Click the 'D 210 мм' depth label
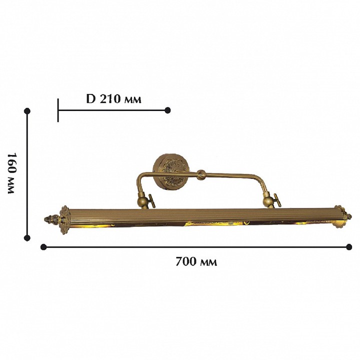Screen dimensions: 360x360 click(x=113, y=99)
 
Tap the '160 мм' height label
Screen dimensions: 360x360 click(x=11, y=173)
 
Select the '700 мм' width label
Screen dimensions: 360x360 click(x=196, y=261)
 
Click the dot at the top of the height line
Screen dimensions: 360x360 click(x=27, y=111)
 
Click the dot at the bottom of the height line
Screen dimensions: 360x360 click(x=27, y=238)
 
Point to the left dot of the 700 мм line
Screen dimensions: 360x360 click(x=43, y=247)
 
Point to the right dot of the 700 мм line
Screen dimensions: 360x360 click(x=349, y=247)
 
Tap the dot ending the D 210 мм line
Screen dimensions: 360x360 click(x=167, y=110)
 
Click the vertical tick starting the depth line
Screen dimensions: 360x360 click(x=58, y=110)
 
